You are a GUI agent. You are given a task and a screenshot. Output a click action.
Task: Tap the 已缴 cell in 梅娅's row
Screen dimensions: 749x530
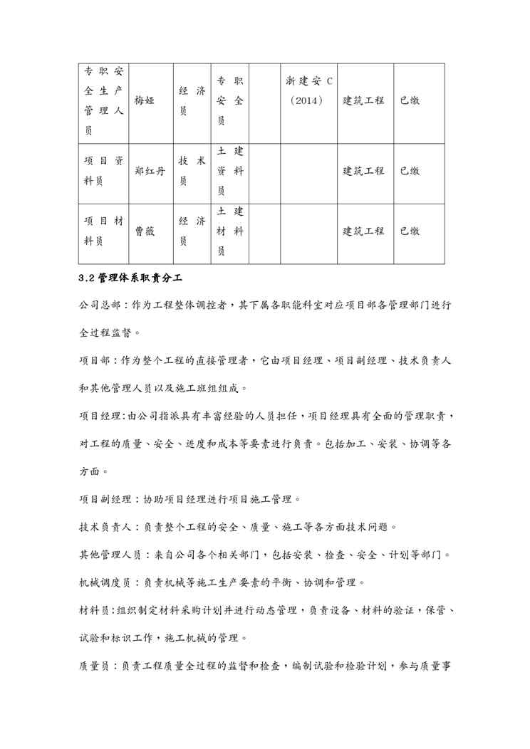(409, 101)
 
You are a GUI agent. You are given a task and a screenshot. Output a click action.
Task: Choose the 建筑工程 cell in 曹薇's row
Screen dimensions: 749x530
(363, 231)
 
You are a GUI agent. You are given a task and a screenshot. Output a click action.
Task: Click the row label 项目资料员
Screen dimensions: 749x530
(103, 171)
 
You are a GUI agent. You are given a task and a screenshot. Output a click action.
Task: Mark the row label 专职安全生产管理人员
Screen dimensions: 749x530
(103, 101)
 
